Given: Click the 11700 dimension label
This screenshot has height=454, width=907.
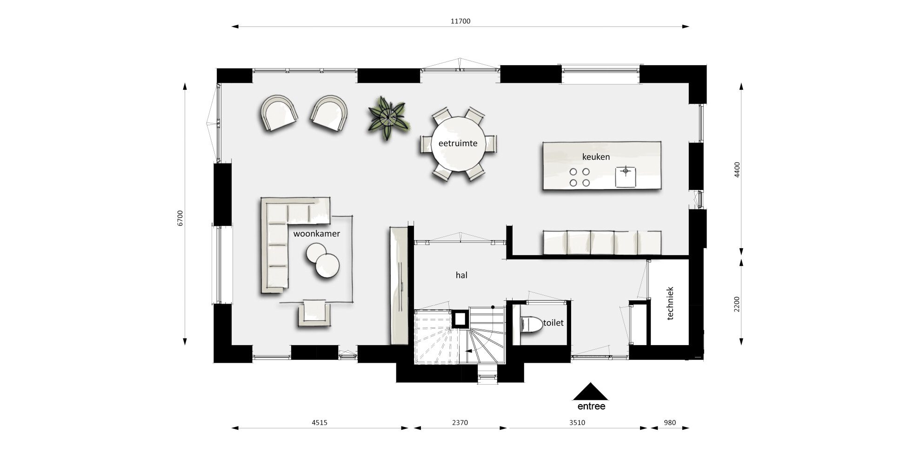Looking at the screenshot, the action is (460, 21).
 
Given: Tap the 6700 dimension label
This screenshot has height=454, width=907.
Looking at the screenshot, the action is (180, 218).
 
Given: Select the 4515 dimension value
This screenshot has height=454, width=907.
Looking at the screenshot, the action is (320, 423).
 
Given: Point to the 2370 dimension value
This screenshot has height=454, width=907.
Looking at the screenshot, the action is (460, 423).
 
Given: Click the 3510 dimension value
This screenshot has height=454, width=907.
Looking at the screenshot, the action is (577, 423).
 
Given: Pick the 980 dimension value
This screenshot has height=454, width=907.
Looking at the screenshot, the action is (670, 423).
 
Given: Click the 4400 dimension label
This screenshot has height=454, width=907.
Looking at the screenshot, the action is (737, 170).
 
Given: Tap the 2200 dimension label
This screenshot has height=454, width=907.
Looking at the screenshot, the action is (737, 305).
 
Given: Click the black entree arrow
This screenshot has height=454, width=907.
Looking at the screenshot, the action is (590, 392).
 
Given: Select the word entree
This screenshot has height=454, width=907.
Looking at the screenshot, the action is (591, 407).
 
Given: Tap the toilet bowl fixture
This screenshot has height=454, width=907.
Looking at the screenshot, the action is (531, 325).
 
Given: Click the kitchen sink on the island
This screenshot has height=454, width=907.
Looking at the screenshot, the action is (626, 177).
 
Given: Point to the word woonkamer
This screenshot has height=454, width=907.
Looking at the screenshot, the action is (316, 234).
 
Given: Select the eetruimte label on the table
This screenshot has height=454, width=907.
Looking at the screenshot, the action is (458, 143).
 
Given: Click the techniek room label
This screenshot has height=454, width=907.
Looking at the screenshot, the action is (670, 303).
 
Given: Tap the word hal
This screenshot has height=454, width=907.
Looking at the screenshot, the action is (461, 275).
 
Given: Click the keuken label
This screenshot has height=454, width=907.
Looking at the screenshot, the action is (596, 157).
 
